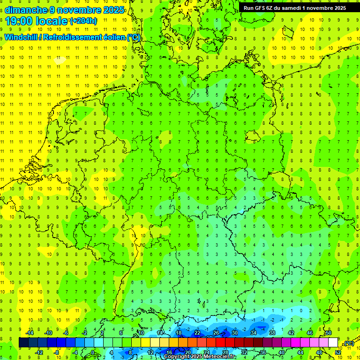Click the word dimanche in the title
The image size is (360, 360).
[26, 10]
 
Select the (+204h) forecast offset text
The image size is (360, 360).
[83, 21]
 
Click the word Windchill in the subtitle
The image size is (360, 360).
[21, 37]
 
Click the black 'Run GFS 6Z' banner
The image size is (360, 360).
[295, 7]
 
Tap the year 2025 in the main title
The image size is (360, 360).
[113, 10]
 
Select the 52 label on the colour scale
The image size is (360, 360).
[338, 352]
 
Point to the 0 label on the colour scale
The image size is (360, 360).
[93, 352]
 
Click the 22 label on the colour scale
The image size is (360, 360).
[197, 333]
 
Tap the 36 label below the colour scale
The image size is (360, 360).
[262, 352]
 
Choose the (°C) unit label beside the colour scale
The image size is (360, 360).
[349, 344]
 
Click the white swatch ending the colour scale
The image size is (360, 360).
[333, 343]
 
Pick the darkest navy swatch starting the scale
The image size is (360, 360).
[23, 343]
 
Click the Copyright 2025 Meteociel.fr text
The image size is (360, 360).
[199, 357]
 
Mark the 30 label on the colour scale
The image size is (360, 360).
[235, 333]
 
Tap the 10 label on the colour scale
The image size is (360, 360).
[141, 333]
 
